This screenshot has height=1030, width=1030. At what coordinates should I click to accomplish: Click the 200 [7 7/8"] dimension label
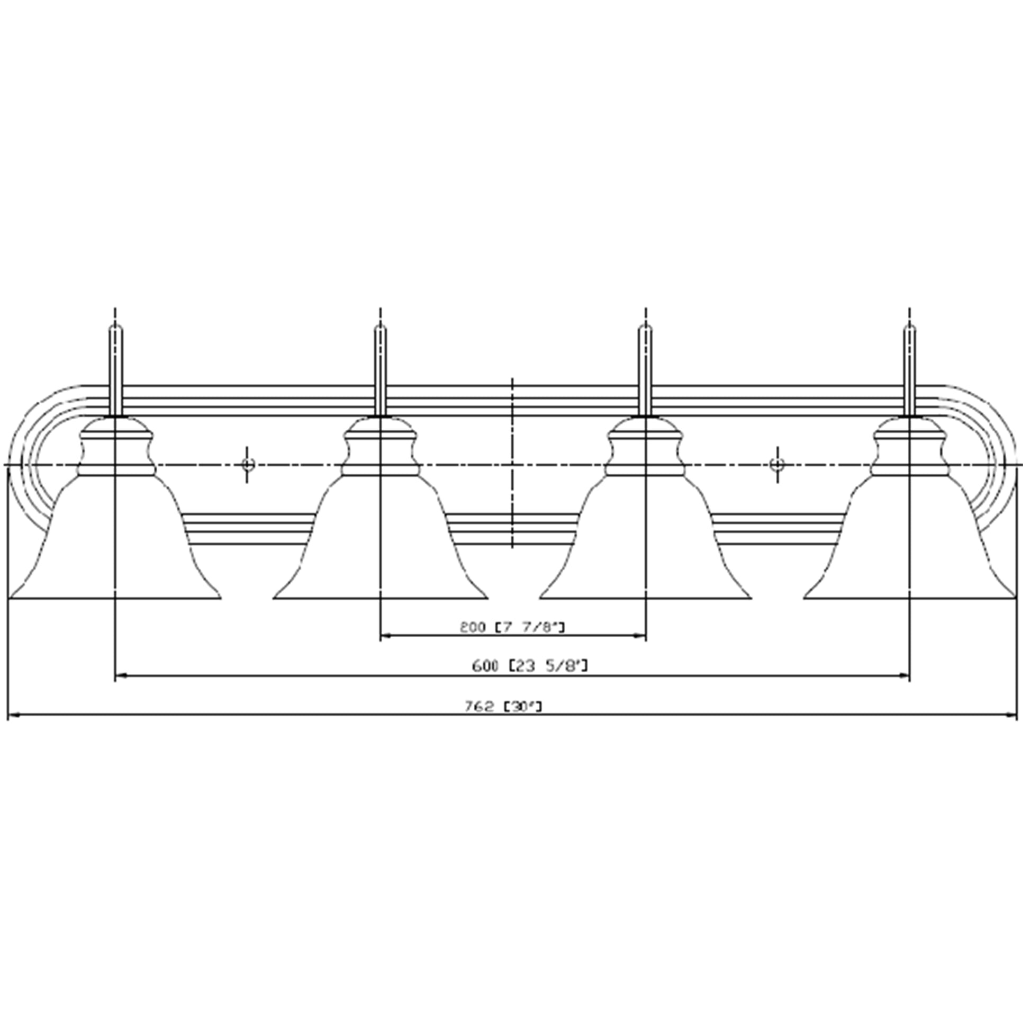coord(512,628)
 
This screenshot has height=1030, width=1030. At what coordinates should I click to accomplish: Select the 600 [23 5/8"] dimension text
coord(530,666)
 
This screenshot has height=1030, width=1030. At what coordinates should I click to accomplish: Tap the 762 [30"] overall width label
coord(503,707)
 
